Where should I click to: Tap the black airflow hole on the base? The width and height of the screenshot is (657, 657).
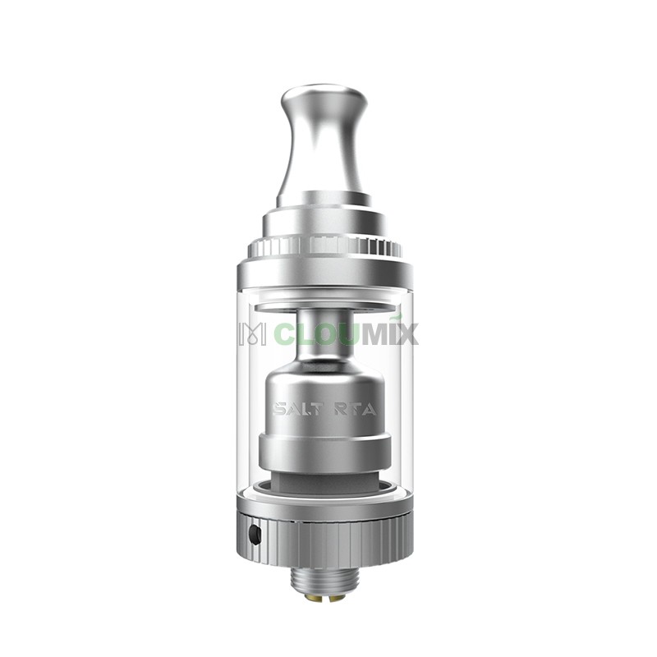254,535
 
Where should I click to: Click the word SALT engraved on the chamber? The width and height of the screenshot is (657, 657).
296,409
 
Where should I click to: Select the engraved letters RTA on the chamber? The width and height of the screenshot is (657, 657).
355,409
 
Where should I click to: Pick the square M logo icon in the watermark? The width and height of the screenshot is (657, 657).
252,333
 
